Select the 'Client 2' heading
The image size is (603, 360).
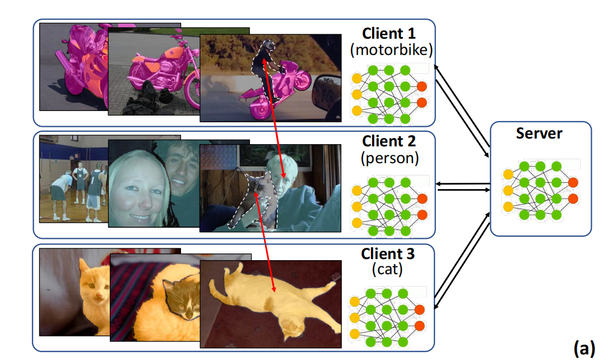pos(391,140)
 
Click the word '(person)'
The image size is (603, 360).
pos(390,158)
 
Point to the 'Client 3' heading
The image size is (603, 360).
pos(388,253)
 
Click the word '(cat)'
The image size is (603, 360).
pos(388,270)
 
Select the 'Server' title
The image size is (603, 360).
pos(540,133)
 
